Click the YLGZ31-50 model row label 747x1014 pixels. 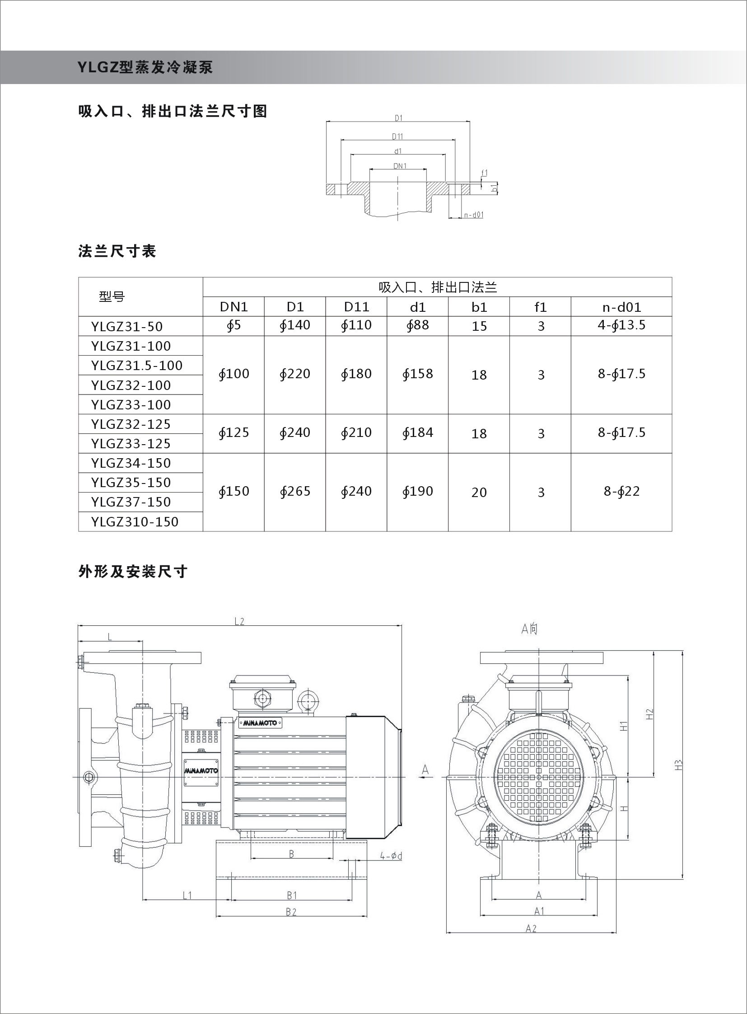point(126,326)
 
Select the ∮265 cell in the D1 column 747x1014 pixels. point(295,491)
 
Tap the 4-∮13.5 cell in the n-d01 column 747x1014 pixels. point(621,325)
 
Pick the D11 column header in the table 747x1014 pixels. point(356,307)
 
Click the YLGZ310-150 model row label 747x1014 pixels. point(135,522)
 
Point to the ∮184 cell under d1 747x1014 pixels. point(417,432)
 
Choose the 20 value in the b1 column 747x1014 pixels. point(479,492)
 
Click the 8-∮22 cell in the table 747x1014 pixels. point(621,491)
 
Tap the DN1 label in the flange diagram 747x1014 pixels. point(400,166)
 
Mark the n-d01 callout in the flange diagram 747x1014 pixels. point(473,215)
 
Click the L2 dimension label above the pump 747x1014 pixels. point(239,621)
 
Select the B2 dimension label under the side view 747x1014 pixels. point(291,912)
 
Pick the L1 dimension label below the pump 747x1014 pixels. point(187,895)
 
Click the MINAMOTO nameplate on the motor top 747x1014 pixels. point(262,723)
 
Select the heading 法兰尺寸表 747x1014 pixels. point(117,251)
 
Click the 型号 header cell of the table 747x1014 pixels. point(112,297)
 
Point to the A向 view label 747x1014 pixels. point(529,629)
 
